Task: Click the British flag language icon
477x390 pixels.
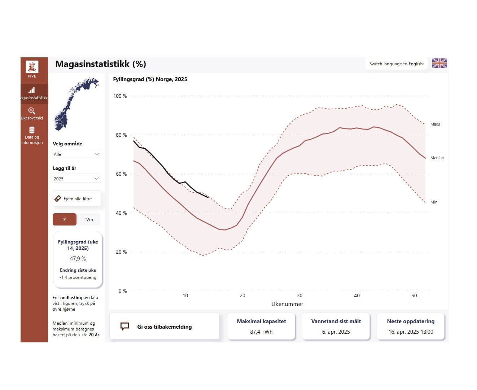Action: tap(439, 63)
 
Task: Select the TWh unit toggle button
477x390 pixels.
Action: tap(88, 219)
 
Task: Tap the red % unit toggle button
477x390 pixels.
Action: tap(65, 219)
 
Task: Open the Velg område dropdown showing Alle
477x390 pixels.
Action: tap(76, 154)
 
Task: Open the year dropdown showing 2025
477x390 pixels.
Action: tap(76, 179)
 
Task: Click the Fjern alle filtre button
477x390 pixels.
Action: tap(76, 198)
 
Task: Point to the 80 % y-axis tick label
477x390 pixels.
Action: tap(121, 135)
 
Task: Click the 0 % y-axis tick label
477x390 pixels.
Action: tap(123, 291)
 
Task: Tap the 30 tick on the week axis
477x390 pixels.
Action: tap(299, 295)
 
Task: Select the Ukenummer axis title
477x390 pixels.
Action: tap(287, 304)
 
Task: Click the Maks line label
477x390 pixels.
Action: tap(435, 124)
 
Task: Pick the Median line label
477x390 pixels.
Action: tap(437, 158)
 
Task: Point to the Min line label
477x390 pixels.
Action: tap(434, 202)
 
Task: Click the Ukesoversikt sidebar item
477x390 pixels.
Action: tap(32, 113)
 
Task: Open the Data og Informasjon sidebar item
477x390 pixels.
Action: tap(32, 136)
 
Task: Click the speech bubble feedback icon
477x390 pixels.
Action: tap(124, 327)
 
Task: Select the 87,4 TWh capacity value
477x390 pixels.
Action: tap(261, 332)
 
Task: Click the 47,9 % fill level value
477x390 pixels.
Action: tap(78, 259)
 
